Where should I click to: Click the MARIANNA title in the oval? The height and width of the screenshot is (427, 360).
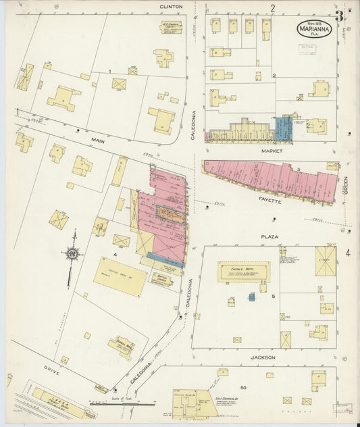[x=313, y=28]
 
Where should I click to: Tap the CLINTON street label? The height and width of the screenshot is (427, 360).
[x=171, y=6]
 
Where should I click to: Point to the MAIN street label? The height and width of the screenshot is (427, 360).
[x=99, y=141]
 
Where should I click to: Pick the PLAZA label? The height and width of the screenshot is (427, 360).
[x=270, y=236]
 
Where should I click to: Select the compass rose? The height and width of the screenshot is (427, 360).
[x=72, y=254]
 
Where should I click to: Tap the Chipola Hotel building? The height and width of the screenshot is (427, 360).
[x=244, y=272]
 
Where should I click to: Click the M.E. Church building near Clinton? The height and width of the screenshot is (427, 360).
[x=171, y=27]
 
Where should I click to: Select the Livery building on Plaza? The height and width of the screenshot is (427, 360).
[x=325, y=260]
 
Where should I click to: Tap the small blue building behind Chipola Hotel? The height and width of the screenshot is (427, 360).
[x=252, y=297]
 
